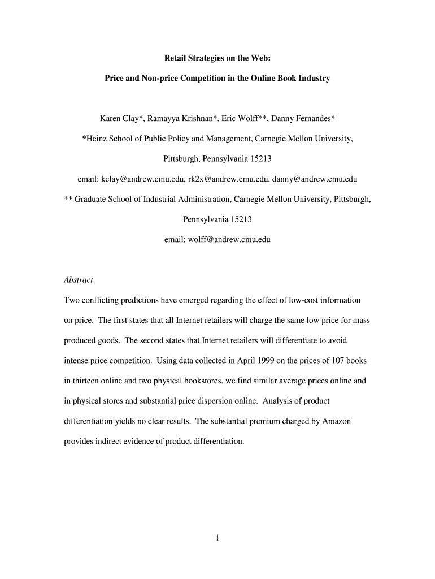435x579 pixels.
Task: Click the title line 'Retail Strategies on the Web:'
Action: [x=217, y=58]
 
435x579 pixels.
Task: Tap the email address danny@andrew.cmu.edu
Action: [x=315, y=179]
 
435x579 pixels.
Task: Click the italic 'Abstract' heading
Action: [x=79, y=280]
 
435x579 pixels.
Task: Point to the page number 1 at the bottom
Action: [x=217, y=538]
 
